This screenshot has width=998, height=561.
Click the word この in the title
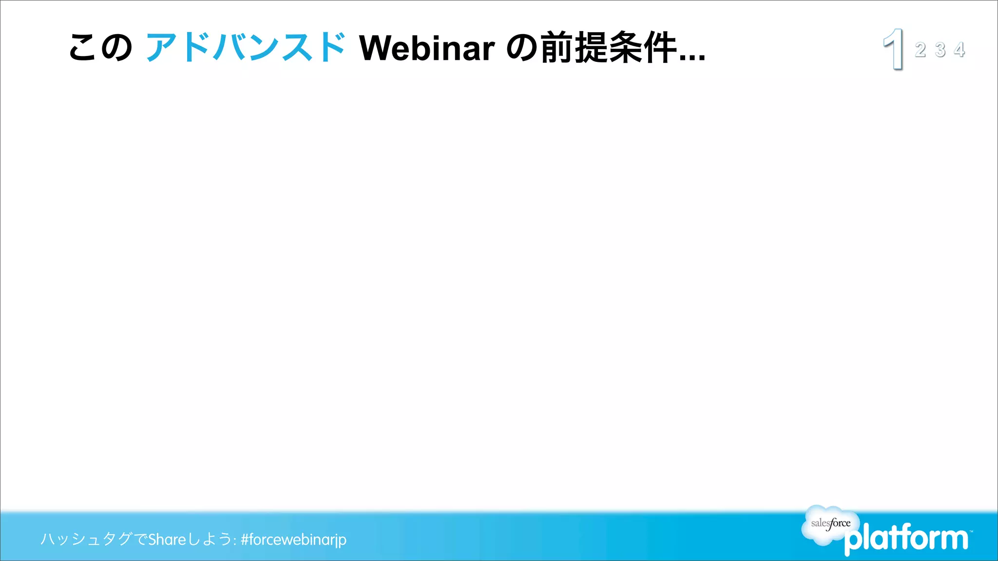click(100, 48)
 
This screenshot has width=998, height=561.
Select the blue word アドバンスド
click(246, 48)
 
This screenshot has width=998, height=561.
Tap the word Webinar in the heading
click(427, 48)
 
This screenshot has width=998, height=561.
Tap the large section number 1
click(894, 49)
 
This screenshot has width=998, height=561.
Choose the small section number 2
click(921, 50)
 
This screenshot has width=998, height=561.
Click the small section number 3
click(940, 50)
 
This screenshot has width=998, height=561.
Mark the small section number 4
click(960, 50)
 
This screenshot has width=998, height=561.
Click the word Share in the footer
click(167, 540)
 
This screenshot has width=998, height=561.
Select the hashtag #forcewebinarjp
click(293, 540)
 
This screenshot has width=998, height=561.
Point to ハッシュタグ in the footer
click(86, 539)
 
